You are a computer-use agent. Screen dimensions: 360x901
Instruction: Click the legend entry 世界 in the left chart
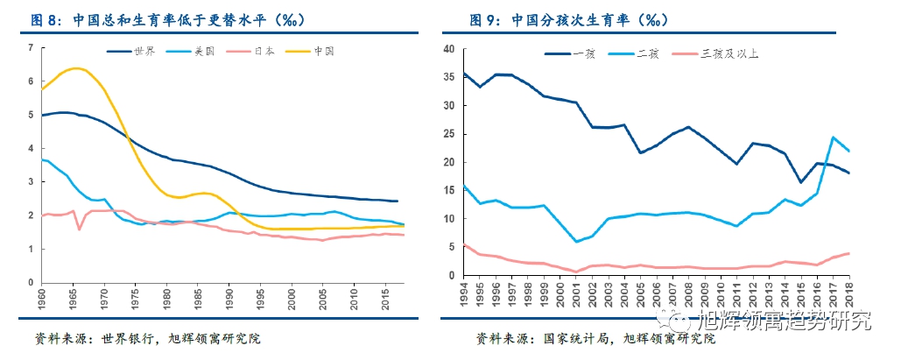point(144,52)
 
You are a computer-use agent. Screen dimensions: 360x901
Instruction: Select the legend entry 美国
point(203,52)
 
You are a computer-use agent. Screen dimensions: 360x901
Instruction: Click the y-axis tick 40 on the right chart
point(449,49)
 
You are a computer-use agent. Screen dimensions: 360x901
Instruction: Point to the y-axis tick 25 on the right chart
point(449,134)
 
